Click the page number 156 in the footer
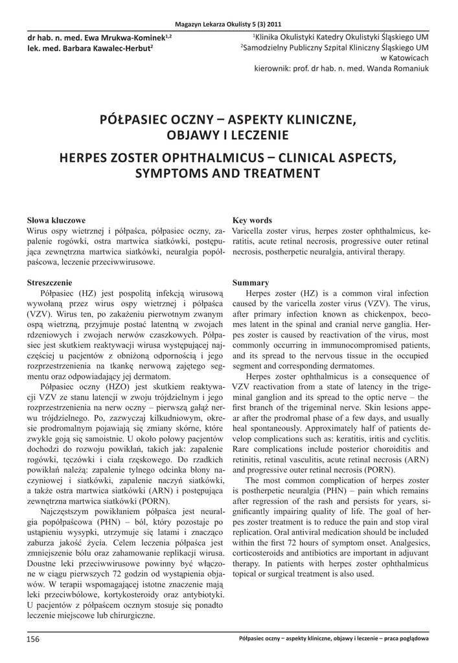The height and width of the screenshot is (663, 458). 33,640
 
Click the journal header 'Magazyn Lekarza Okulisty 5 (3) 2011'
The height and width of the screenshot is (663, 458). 229,24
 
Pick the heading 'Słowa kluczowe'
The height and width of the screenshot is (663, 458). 56,221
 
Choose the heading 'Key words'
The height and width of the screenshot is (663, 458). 252,221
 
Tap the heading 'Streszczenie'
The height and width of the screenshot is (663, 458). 49,283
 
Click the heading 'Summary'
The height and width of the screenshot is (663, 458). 251,283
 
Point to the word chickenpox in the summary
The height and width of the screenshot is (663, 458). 368,314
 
